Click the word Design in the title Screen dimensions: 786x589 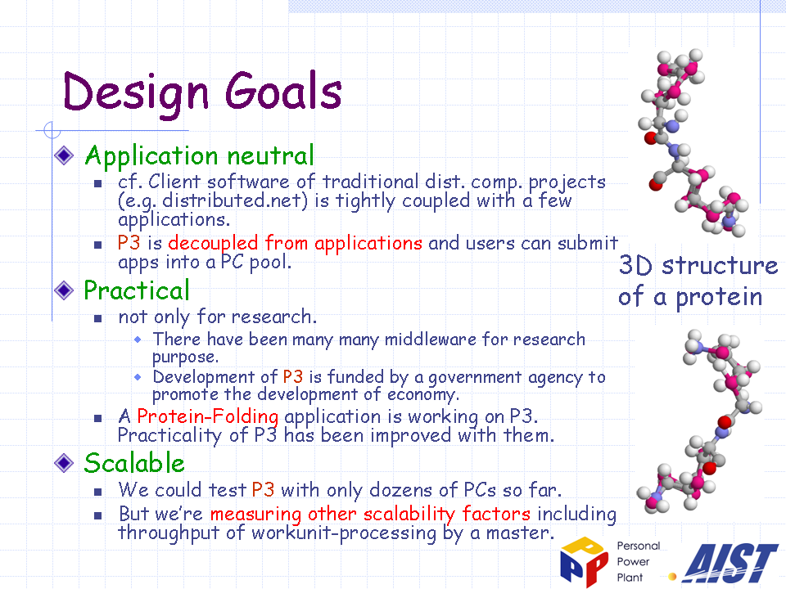135,93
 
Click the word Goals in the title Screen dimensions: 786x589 283,91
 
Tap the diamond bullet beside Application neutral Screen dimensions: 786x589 64,155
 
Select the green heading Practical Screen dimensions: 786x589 137,290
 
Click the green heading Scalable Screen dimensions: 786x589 134,462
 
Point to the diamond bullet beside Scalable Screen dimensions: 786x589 64,462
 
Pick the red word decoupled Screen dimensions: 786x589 213,244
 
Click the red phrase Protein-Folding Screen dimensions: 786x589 207,416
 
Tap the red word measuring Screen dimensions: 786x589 255,515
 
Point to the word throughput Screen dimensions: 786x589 169,533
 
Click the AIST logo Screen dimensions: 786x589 730,563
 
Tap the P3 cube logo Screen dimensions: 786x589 585,561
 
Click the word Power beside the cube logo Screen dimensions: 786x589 633,562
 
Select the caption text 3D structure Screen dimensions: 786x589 698,265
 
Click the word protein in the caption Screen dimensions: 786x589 719,297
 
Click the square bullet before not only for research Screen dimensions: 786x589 97,318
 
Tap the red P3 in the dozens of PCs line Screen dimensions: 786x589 263,489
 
